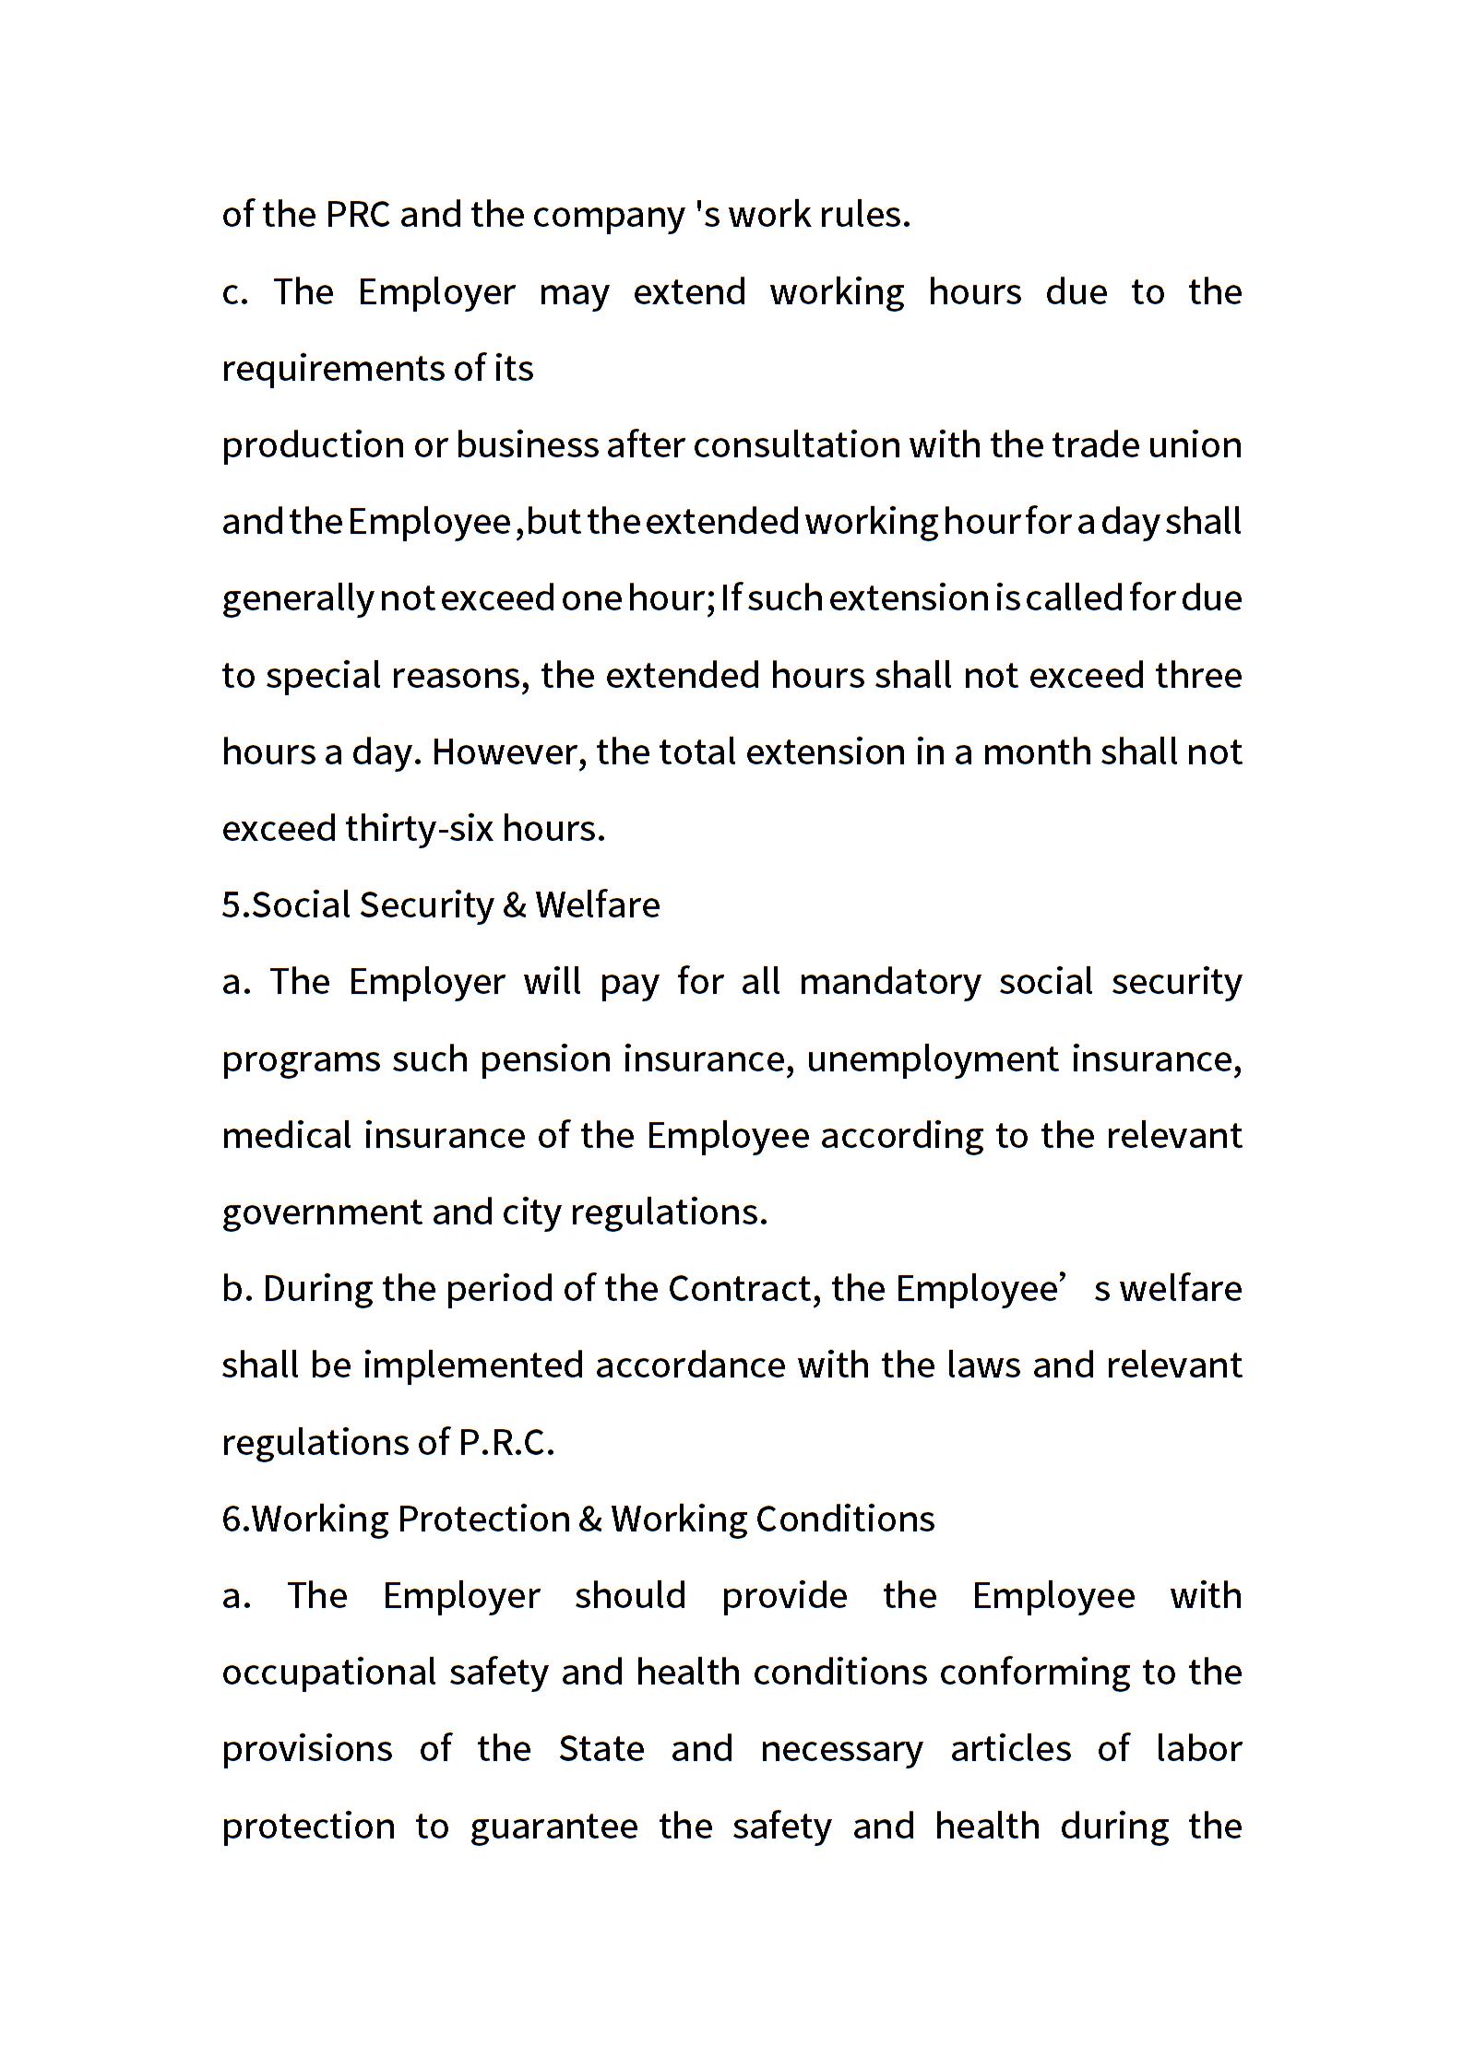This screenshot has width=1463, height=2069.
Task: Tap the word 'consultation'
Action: click(x=796, y=445)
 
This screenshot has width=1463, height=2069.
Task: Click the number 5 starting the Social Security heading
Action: click(x=231, y=905)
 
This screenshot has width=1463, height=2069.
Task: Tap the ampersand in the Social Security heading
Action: click(x=514, y=905)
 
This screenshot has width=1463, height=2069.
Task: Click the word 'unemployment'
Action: click(x=933, y=1058)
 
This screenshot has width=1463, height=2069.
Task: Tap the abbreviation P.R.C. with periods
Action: click(x=506, y=1442)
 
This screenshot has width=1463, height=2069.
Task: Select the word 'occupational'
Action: click(x=329, y=1673)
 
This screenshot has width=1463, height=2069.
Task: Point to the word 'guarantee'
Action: click(x=553, y=1826)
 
